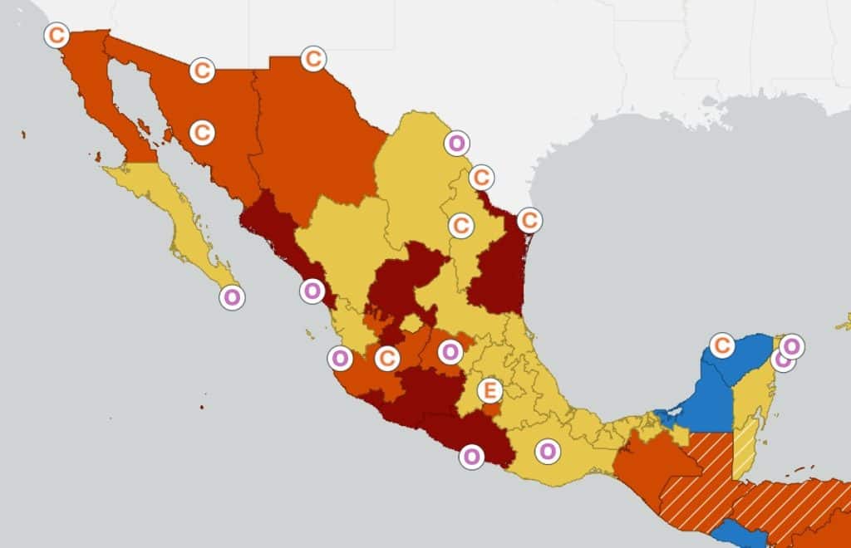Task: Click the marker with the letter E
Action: click(490, 389)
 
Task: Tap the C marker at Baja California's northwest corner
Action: click(57, 36)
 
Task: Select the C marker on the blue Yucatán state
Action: click(722, 345)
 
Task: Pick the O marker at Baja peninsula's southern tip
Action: click(232, 297)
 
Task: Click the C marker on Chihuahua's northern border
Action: click(312, 59)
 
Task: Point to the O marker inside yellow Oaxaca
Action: click(547, 452)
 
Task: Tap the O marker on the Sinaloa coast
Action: click(312, 291)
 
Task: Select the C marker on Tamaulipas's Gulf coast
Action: click(529, 220)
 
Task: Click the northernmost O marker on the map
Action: click(456, 143)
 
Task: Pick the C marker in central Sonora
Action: click(202, 132)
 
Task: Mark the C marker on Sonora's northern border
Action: click(202, 71)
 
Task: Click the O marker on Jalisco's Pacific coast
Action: click(339, 359)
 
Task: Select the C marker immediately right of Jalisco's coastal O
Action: click(386, 359)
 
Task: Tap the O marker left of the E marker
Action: click(450, 352)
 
